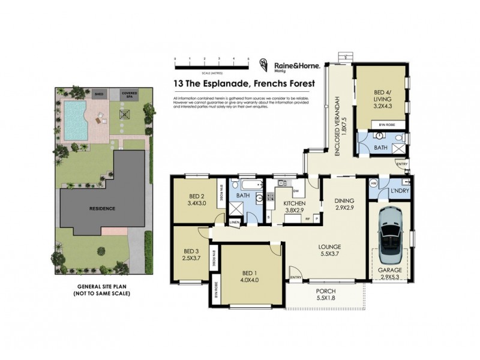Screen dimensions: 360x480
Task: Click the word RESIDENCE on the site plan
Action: (103, 208)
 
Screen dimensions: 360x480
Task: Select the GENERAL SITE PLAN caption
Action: (103, 290)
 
